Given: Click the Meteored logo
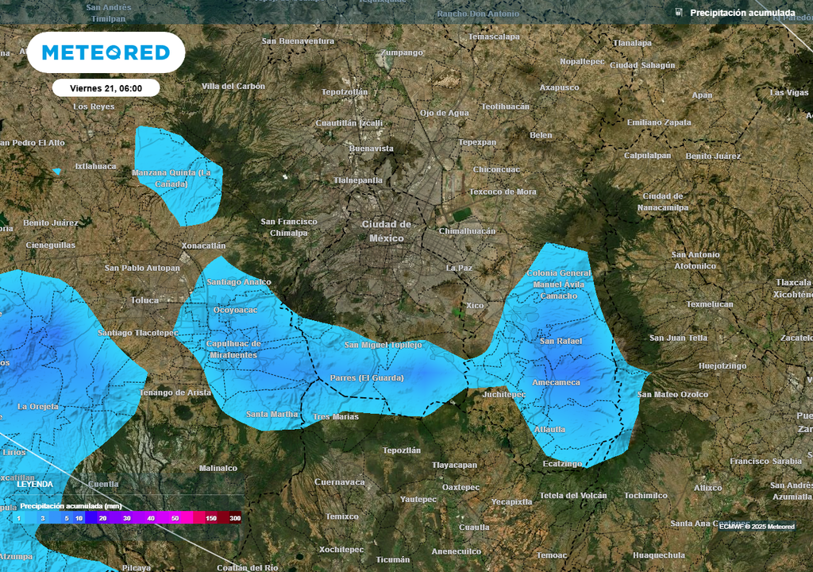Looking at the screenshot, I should click(x=106, y=52).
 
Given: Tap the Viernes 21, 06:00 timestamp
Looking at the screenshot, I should click(x=106, y=88).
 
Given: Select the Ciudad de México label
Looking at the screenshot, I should click(x=387, y=231).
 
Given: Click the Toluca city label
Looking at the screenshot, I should click(x=145, y=300).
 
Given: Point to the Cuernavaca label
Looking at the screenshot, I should click(x=339, y=482).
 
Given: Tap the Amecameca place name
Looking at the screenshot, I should click(x=556, y=382).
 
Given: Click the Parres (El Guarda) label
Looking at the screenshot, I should click(x=367, y=378).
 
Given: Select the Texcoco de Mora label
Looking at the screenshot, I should click(x=503, y=191).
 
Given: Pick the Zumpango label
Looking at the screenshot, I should click(x=402, y=52).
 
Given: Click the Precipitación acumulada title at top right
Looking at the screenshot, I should click(x=742, y=13).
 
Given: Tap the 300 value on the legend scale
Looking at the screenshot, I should click(x=235, y=518).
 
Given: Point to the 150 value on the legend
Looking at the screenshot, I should click(x=211, y=518).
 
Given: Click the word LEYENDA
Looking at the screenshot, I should click(x=35, y=484).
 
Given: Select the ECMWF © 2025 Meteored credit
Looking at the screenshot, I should click(x=757, y=527).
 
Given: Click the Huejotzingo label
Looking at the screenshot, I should click(x=722, y=366).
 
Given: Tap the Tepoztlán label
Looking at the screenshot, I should click(x=401, y=450).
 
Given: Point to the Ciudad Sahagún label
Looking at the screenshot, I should click(x=642, y=65).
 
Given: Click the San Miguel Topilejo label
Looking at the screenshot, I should click(x=383, y=345).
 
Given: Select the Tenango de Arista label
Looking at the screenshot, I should click(x=175, y=392).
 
